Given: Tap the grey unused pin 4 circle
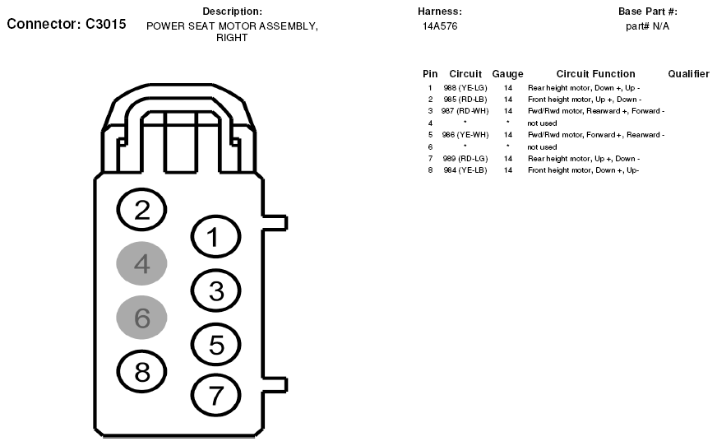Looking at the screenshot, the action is pos(141,263).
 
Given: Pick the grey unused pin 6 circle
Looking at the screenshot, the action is pos(141,318).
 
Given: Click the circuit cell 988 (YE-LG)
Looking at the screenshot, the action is pos(465,88).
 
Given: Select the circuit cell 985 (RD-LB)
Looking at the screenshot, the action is pos(465,100).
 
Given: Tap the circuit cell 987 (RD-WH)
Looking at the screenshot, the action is pos(465,111).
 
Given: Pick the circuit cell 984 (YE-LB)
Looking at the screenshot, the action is pos(465,170).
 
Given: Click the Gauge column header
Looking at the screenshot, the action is pos(507,74).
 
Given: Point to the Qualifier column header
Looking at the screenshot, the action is pos(689,73).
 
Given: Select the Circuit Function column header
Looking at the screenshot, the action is pos(596,73).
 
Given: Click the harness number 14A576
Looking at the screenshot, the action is pos(440,26).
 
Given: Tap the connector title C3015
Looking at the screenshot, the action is pos(105,24).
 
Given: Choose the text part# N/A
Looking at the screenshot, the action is pos(647,26).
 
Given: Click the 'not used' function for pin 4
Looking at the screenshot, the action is pos(542,123).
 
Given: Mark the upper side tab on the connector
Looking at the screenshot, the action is pos(275,222).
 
